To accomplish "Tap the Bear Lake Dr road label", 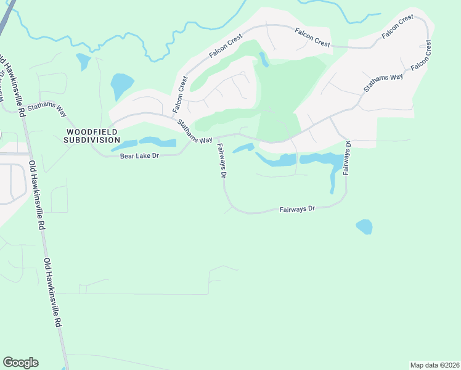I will (x=139, y=156).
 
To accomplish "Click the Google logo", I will (x=20, y=363).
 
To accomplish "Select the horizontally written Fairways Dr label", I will (x=297, y=209).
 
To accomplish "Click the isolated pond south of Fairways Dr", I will (x=364, y=226).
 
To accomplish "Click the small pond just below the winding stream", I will (x=83, y=61).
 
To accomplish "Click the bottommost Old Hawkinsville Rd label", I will (x=52, y=293).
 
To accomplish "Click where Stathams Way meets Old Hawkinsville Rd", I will (x=22, y=111).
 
